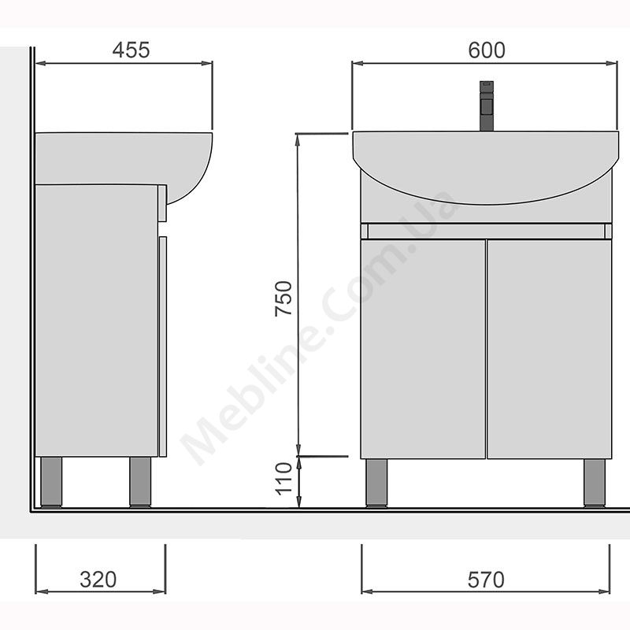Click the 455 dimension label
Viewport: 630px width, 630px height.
point(131,50)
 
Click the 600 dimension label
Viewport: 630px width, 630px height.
point(487,50)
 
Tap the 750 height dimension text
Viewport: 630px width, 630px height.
point(283,298)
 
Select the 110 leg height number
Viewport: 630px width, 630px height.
point(283,479)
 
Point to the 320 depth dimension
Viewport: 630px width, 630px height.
point(98,580)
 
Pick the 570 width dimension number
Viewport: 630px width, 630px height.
point(486,580)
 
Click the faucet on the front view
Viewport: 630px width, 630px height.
point(487,106)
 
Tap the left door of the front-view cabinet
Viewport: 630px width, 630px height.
point(423,349)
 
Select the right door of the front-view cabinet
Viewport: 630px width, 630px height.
point(549,349)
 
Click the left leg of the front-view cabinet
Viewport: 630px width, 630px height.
point(377,483)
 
